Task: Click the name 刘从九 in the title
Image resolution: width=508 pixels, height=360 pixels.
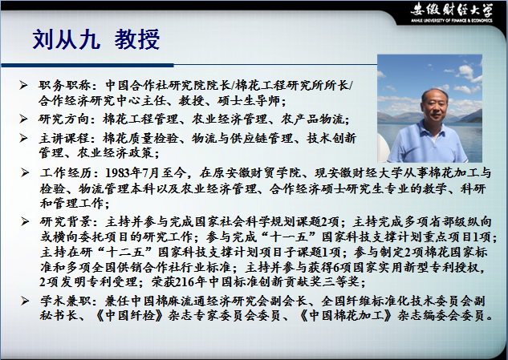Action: pos(66,39)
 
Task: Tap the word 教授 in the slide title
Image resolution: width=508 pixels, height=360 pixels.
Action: pos(136,39)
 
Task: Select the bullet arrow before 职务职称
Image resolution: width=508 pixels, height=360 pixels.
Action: pos(23,85)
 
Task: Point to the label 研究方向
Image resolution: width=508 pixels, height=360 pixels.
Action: pos(63,119)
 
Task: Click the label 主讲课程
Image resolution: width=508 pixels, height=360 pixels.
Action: pos(63,138)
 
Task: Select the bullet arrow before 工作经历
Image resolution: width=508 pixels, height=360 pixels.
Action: pos(25,172)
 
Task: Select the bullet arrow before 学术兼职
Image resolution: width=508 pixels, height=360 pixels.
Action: pos(25,301)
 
